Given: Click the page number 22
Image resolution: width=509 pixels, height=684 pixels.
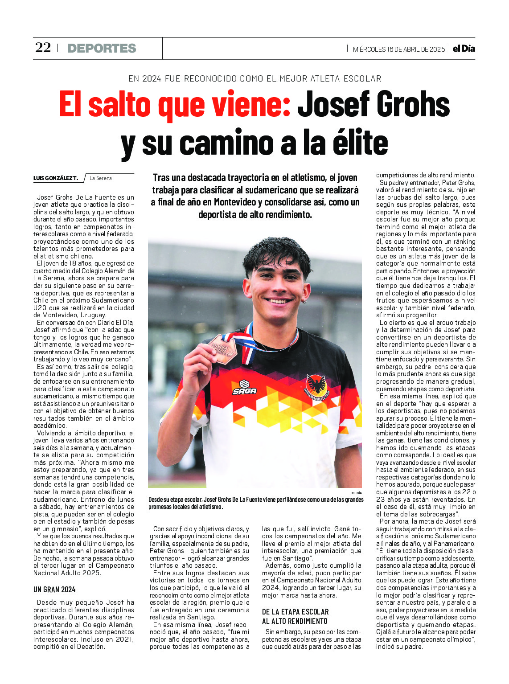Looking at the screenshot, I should coord(43,48).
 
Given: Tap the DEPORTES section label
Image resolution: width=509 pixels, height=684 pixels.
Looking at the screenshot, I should coord(102,48).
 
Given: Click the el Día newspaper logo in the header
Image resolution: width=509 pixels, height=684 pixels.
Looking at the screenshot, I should coord(464,49).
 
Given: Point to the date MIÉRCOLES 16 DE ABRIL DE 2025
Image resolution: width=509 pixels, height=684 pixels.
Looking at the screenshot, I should coord(398,49).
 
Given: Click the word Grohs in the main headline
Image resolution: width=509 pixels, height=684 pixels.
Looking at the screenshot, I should coord(412,105).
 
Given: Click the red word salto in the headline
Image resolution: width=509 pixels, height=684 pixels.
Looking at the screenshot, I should coord(121,105).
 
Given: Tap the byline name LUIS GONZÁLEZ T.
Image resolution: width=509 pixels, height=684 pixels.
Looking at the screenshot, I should coord(56,178).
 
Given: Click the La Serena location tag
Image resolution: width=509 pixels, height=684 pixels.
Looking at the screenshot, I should coord(101,178).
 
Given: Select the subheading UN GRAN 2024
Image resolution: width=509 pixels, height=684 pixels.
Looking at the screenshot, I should coord(54,590).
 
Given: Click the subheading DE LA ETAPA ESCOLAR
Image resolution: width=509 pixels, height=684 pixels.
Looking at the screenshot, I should coord(295,612).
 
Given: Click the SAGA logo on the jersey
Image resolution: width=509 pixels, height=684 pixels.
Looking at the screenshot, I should coord(244,387).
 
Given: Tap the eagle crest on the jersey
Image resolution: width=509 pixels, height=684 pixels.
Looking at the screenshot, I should coord(316,384).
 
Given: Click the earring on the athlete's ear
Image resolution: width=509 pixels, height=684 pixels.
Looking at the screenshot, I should coord(303,301).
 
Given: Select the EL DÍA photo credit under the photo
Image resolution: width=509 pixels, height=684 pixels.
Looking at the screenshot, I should coord(357,493).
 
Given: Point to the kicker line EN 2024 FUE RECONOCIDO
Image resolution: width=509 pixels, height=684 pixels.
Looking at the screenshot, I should coord(254,79).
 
